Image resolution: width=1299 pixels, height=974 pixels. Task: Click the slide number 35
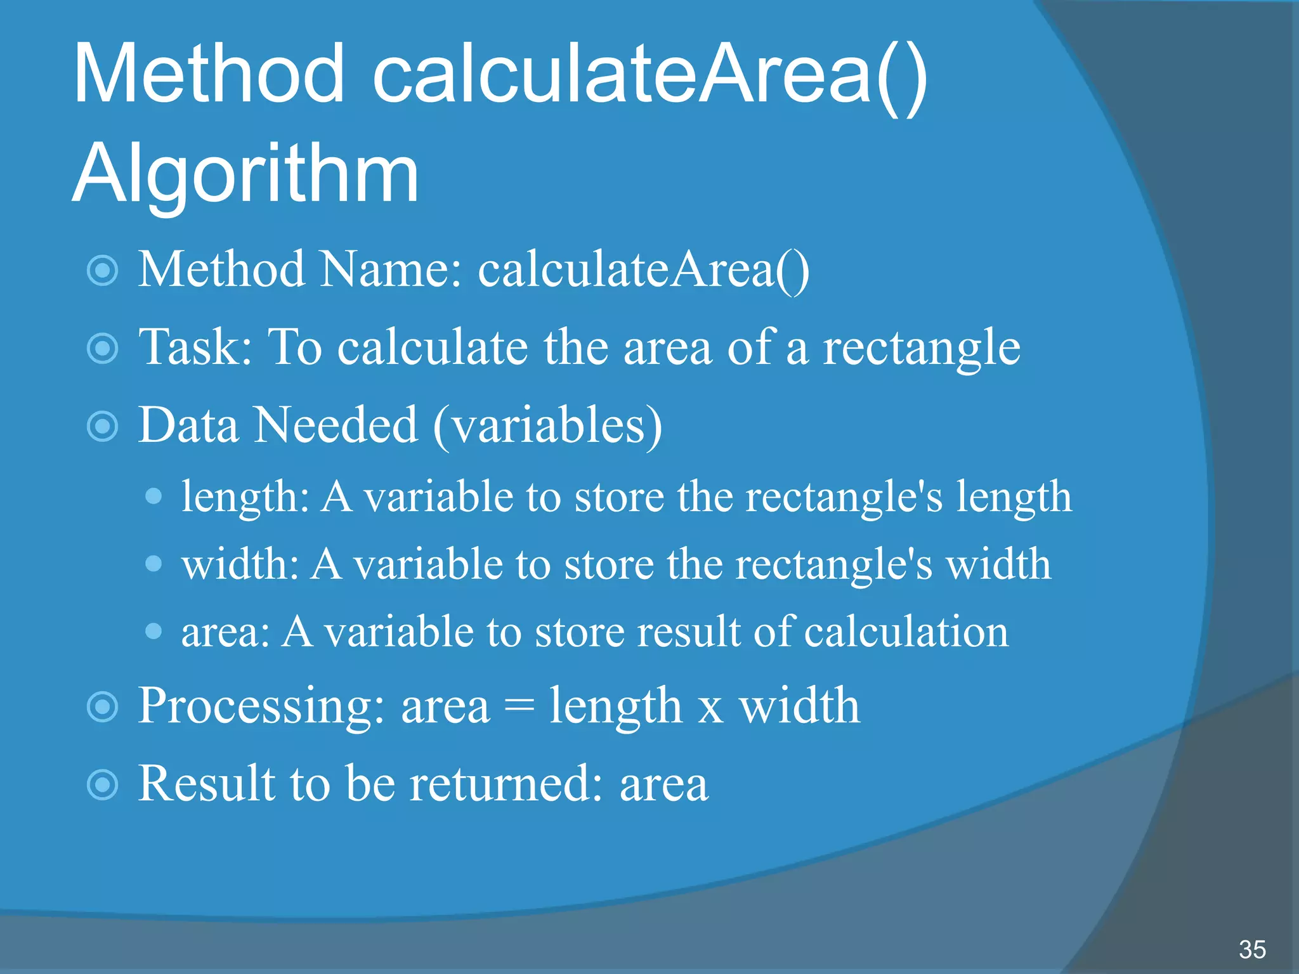pos(1252,949)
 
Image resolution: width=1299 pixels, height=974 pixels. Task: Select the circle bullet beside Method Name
pos(103,270)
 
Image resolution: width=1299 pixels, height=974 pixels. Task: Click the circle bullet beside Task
pos(103,348)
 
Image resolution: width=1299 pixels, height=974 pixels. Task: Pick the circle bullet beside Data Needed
pos(103,426)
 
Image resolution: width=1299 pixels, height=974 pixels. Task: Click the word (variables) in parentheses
pos(547,426)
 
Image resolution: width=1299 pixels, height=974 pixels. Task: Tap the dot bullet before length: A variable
pos(153,495)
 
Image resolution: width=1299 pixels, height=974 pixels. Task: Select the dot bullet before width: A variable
pos(153,563)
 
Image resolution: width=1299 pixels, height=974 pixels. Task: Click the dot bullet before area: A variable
pos(153,631)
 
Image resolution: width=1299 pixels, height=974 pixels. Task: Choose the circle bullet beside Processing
pos(103,707)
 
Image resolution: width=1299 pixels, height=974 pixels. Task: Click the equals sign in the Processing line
pos(519,707)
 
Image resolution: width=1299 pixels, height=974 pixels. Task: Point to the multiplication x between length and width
pos(710,709)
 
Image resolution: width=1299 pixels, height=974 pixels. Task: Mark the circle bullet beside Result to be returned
pos(103,785)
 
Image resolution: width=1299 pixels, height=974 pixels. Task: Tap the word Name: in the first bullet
pos(391,270)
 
